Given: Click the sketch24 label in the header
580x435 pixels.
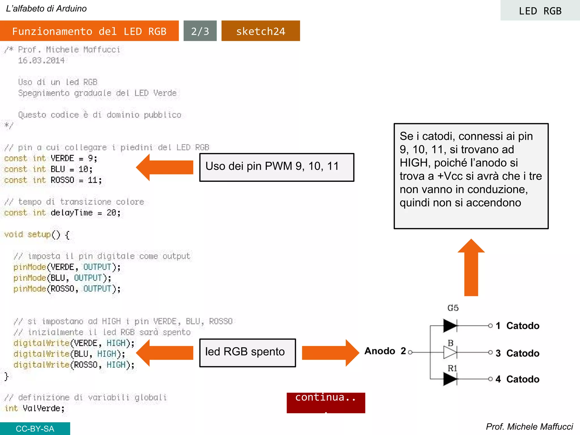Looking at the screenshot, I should pos(261,31).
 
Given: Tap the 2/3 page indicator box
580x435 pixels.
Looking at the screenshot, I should pos(200,31).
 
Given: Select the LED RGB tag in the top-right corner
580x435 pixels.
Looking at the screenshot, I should pos(540,11).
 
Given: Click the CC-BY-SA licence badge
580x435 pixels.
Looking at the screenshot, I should pos(35,428).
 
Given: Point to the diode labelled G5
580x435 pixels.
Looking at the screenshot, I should pos(450,326).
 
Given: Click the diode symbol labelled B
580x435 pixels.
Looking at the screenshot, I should pos(450,353).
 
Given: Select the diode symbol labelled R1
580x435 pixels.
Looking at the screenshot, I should pos(450,379).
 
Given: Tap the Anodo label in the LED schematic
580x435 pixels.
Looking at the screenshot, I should pos(379,351).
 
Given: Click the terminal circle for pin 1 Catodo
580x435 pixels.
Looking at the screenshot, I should pos(490,326).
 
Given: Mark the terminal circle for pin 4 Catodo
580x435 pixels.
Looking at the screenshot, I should pos(490,379).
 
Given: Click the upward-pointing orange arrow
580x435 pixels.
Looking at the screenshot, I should pos(471,268).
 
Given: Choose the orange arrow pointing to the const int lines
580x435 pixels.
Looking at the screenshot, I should pos(165,167).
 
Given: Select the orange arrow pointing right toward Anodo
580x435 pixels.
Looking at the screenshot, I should pos(330,353).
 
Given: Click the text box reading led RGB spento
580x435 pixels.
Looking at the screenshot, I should pos(248,353).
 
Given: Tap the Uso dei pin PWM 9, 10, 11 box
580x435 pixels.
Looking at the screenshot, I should pos(277,167).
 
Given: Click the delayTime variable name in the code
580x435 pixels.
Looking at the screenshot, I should pos(72,213).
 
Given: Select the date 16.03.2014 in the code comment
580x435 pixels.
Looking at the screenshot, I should pos(41,61).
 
